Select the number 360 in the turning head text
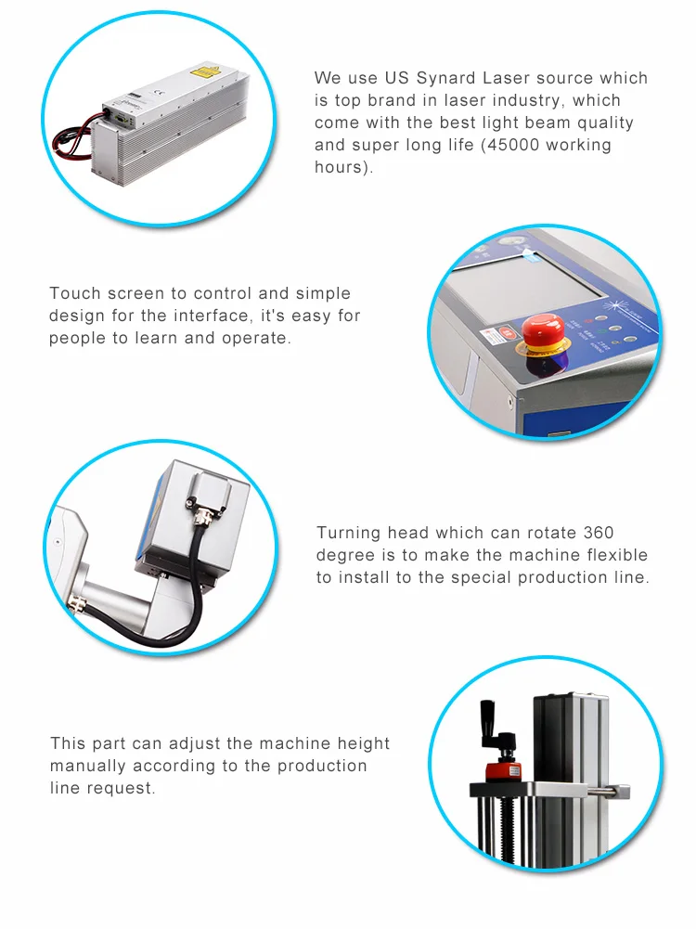tap(599, 533)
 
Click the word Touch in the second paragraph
tap(68, 293)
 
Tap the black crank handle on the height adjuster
tap(496, 729)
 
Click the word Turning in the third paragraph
tap(348, 534)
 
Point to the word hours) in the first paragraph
tap(343, 168)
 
